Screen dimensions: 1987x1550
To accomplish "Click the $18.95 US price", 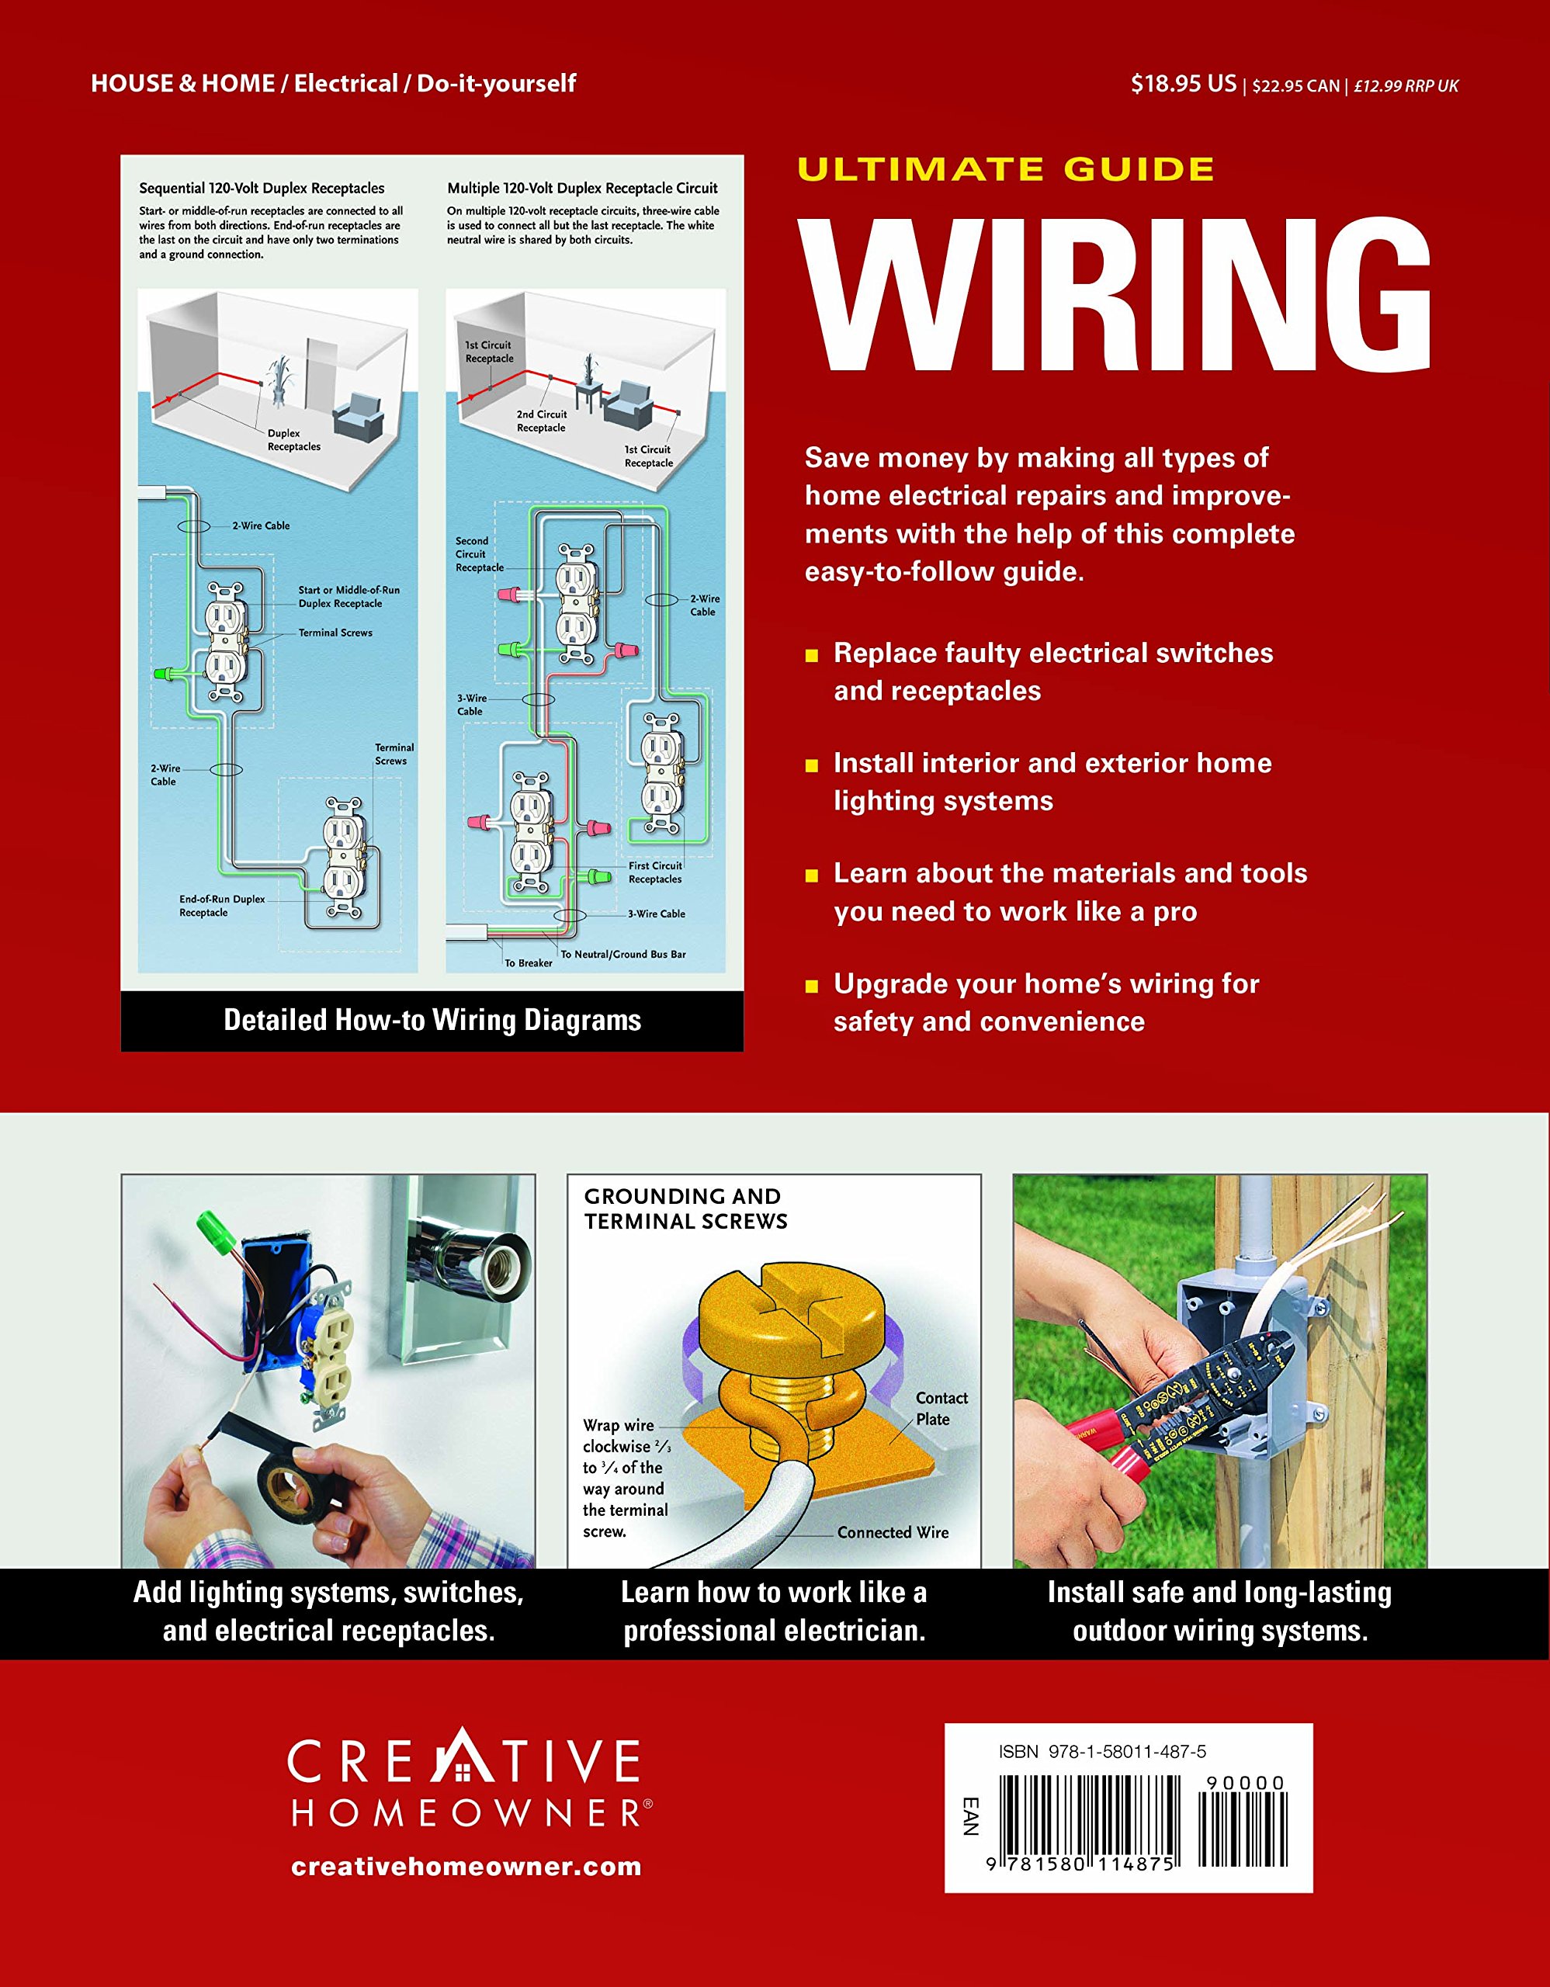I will pyautogui.click(x=1183, y=85).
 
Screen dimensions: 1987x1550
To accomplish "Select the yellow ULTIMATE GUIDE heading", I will pyautogui.click(x=1005, y=169).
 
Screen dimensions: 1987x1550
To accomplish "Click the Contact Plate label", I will pyautogui.click(x=941, y=1409).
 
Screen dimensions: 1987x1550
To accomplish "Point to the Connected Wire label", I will pyautogui.click(x=893, y=1533).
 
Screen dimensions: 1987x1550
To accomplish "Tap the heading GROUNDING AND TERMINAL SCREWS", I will pyautogui.click(x=685, y=1208).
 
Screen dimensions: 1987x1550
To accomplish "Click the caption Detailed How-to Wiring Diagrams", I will pyautogui.click(x=432, y=1020).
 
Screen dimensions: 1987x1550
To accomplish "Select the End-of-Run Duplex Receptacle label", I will pyautogui.click(x=221, y=905).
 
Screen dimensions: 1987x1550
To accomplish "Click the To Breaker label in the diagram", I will pyautogui.click(x=529, y=962).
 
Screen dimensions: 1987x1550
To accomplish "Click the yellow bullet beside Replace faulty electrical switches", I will pyautogui.click(x=811, y=655).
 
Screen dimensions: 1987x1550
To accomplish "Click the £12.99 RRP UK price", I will pyautogui.click(x=1406, y=86).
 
